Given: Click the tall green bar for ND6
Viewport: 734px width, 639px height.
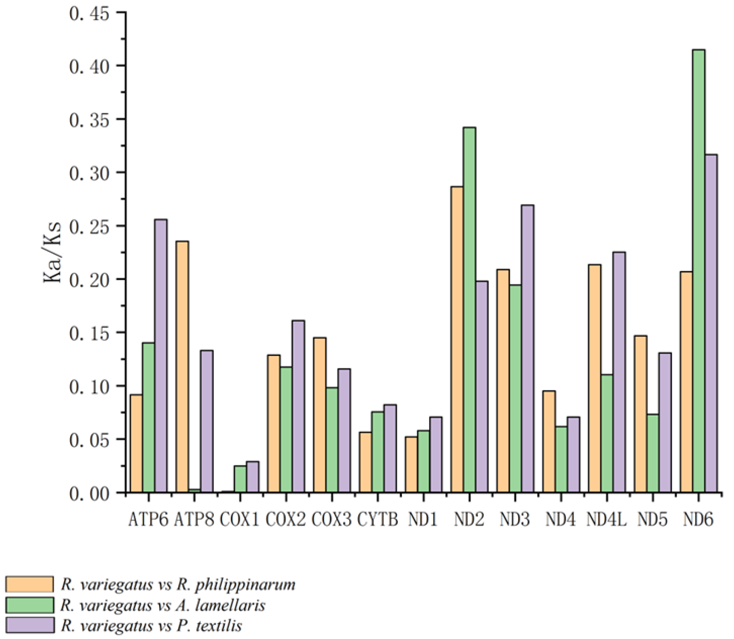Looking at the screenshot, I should tap(698, 271).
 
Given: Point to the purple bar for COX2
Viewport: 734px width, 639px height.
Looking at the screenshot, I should tap(298, 406).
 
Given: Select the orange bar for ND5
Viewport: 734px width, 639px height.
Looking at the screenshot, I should tap(640, 414).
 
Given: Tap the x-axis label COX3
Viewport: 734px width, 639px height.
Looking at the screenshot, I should tap(332, 520).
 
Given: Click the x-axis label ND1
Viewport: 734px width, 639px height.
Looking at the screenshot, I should tap(423, 520).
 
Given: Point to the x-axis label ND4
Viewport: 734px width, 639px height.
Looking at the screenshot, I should tap(560, 520).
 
